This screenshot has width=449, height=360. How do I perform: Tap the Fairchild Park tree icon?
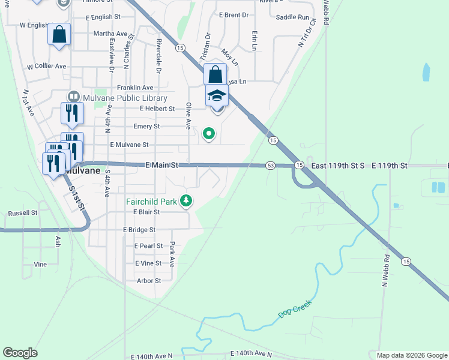187,201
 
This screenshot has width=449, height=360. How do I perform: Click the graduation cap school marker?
217,95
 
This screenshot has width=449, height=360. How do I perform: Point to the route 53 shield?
270,165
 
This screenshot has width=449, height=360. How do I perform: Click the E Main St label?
162,164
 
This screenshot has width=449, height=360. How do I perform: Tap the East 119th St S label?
337,165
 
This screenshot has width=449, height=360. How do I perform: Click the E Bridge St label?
139,230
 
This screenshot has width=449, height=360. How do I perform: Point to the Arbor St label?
149,280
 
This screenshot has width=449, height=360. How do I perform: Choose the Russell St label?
23,213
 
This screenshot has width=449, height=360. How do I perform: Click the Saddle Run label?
292,18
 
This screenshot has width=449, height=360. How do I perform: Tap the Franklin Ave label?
135,88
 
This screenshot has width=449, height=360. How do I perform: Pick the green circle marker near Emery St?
209,133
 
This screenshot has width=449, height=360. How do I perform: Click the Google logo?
20,353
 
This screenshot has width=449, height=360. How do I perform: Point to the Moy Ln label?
230,58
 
